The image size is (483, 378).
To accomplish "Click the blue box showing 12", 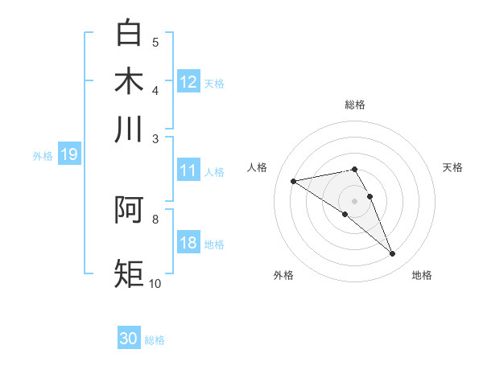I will click(188, 82).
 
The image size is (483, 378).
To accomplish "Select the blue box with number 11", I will click(188, 171).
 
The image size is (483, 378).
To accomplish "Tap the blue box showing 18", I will click(188, 243).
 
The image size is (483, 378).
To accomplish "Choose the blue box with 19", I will click(68, 155).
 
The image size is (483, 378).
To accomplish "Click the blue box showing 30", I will click(129, 339).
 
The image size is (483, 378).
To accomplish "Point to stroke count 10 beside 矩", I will click(155, 283).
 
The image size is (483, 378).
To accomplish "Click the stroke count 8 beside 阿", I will click(155, 218).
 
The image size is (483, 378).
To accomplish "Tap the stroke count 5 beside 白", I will click(155, 42).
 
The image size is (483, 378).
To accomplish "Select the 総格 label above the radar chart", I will click(354, 105).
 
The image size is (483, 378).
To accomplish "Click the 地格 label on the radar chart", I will click(422, 275).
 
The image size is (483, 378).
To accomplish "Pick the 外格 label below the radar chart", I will click(283, 275).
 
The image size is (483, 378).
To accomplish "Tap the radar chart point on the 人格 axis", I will click(293, 181).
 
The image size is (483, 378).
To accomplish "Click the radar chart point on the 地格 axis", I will click(393, 254).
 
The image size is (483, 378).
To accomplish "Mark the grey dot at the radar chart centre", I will click(354, 200).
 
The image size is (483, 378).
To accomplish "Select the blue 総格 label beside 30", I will click(155, 340).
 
